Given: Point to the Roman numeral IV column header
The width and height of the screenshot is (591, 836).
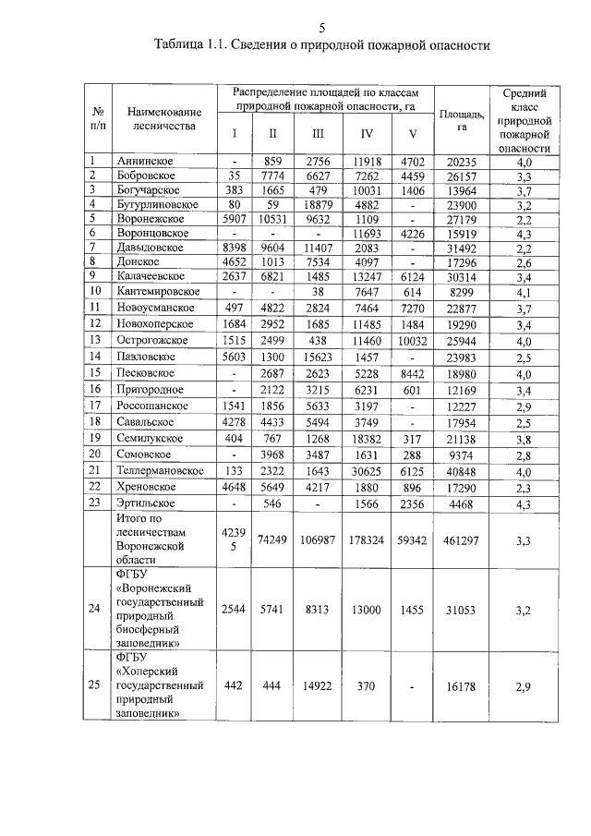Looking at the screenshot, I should [x=367, y=133].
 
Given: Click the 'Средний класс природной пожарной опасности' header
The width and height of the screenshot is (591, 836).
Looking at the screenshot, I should [x=524, y=120].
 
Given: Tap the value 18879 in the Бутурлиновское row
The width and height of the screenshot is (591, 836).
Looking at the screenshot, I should [x=317, y=204].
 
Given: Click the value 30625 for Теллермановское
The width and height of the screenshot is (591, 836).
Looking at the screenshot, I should [x=367, y=470].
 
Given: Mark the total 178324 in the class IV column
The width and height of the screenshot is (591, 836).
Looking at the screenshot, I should [x=367, y=539].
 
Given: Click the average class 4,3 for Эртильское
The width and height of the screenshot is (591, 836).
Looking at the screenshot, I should [x=524, y=503].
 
